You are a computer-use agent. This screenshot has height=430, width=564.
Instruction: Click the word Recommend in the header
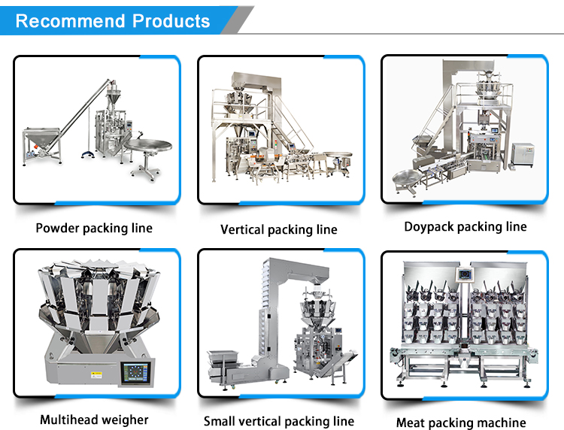coord(63,20)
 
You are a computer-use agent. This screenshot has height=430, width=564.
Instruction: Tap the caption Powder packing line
coord(94,228)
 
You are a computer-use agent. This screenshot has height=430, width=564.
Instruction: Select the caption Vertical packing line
coord(278,229)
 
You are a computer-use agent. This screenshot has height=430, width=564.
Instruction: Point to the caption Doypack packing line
coord(465,226)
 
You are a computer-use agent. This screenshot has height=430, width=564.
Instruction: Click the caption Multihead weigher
coord(94,419)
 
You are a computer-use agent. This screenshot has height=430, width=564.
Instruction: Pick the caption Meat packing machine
coord(461,422)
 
